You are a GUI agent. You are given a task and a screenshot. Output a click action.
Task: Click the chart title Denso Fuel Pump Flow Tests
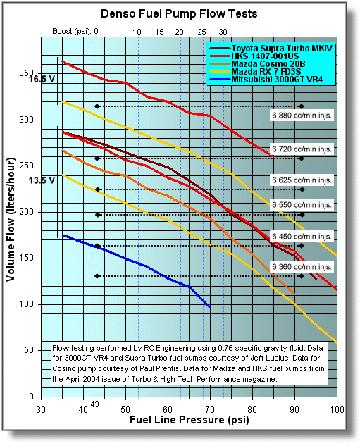(x=179, y=13)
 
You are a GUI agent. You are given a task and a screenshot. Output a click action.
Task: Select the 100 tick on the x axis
(x=337, y=409)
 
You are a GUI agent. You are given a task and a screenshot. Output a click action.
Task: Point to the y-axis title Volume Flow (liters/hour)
(x=11, y=219)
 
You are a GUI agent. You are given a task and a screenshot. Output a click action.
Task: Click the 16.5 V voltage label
(x=42, y=79)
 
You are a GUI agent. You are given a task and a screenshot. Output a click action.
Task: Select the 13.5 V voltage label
(x=42, y=180)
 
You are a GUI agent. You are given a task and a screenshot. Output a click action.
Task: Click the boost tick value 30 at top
(x=223, y=32)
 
